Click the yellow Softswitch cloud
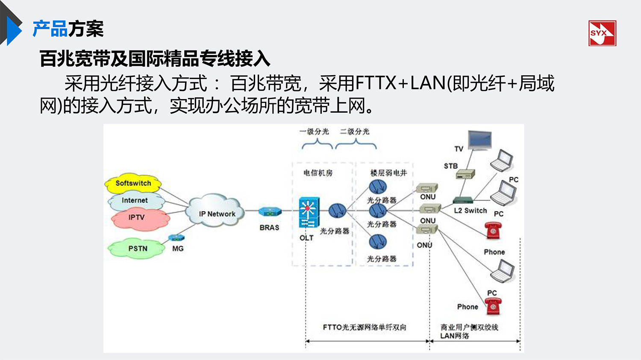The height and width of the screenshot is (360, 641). [x=133, y=183]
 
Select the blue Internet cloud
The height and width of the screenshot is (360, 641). [x=135, y=200]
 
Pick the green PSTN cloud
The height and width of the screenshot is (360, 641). [x=137, y=248]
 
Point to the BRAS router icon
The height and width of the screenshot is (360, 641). [x=270, y=211]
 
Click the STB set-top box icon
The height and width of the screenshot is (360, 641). [x=465, y=174]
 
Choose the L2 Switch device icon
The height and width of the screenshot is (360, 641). [x=463, y=200]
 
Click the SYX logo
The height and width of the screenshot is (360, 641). [x=602, y=33]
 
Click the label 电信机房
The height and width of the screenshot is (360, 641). [x=318, y=173]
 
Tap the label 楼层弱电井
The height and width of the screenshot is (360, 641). [x=388, y=173]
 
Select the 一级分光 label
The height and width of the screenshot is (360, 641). [x=314, y=132]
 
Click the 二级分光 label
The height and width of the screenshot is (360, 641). [x=354, y=132]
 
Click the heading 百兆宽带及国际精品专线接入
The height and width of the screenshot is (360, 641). [x=155, y=59]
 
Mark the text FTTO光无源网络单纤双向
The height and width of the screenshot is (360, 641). [x=364, y=328]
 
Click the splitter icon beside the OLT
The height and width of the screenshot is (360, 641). [x=337, y=211]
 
